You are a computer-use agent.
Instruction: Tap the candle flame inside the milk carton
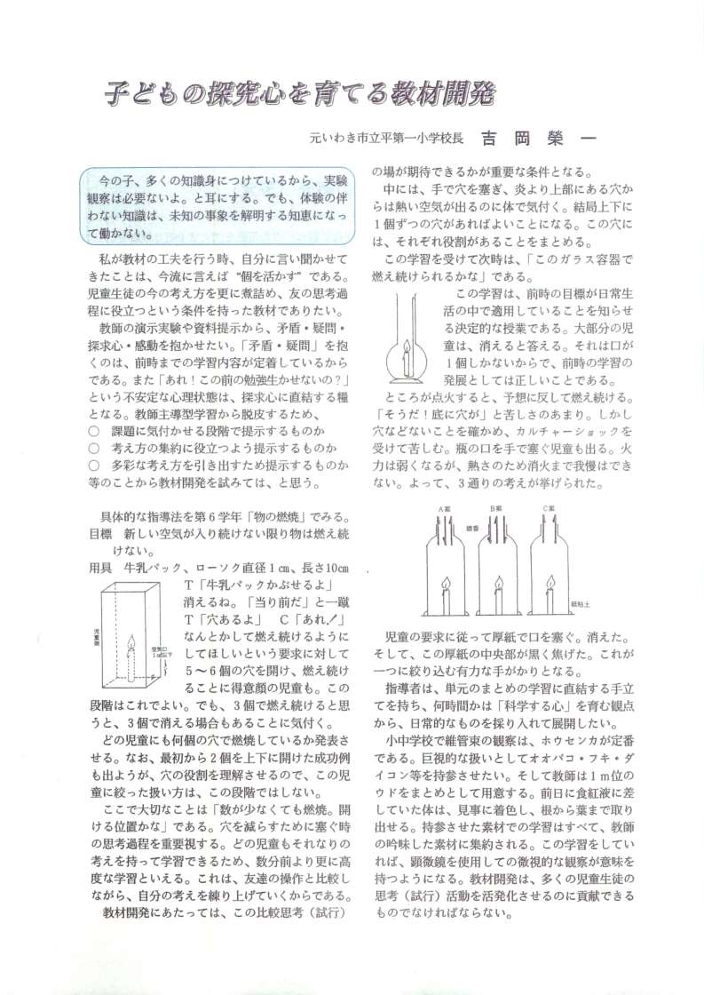pos(133,642)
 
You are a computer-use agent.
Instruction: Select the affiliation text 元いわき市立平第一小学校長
pos(387,139)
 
